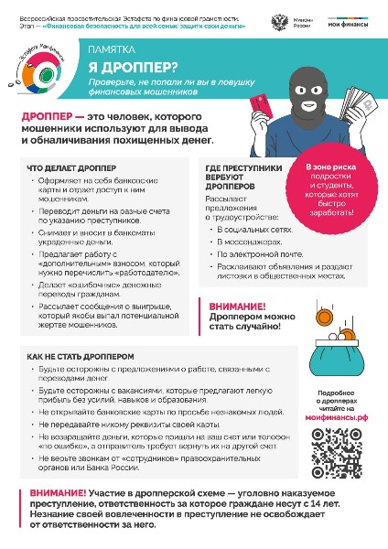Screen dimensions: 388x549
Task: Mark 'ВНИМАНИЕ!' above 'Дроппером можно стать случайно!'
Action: pos(237,307)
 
